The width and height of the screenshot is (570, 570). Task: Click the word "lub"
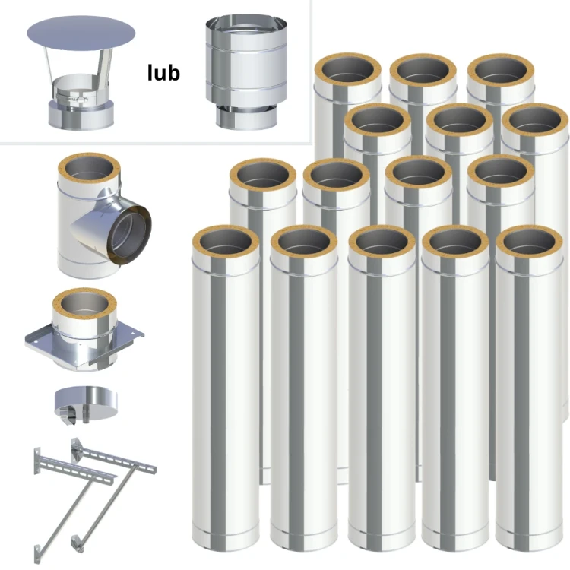(x=163, y=73)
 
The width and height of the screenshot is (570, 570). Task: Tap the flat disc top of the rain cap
(x=81, y=33)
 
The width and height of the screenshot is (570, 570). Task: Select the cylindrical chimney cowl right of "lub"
(x=246, y=72)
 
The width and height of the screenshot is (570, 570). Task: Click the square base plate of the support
(x=84, y=344)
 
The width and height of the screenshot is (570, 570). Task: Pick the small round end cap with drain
(x=86, y=404)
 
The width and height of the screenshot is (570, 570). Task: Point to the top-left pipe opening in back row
(x=348, y=70)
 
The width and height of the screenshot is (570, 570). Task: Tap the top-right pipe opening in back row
(x=501, y=71)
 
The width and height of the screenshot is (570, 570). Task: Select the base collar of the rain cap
(x=81, y=115)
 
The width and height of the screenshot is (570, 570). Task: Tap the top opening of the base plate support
(x=84, y=306)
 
